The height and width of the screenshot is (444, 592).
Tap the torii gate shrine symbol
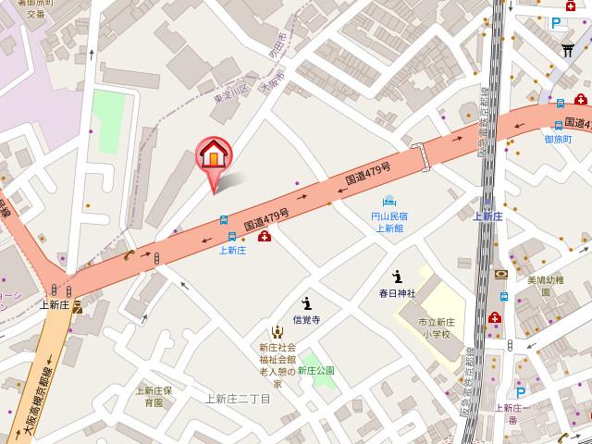click(567, 52)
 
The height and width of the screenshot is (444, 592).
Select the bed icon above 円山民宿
click(389, 201)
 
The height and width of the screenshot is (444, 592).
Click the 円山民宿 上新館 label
click(388, 221)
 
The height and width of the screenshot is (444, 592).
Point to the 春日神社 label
click(397, 293)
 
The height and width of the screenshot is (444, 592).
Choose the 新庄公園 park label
click(315, 370)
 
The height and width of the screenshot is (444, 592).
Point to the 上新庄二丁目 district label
click(238, 399)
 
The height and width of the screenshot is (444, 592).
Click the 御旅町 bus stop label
click(558, 139)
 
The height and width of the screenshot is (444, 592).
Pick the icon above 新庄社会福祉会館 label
click(276, 332)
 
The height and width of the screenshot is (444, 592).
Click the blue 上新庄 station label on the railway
click(487, 216)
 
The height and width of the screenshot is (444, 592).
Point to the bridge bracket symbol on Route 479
click(421, 156)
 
